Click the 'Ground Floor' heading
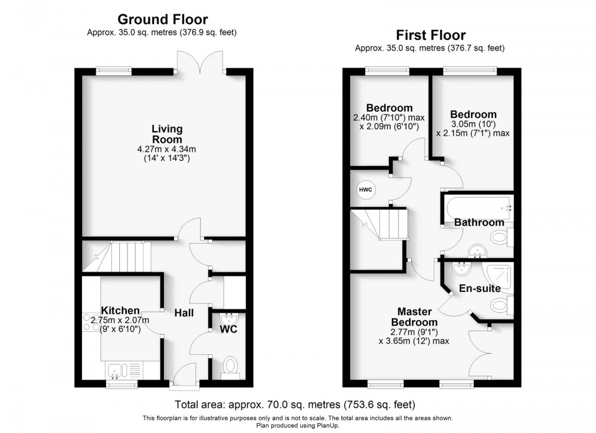(x=162, y=19)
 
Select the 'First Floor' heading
(x=430, y=35)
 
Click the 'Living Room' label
(x=166, y=134)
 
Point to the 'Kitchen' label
(x=120, y=310)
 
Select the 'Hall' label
(x=183, y=313)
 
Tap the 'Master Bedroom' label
(x=414, y=317)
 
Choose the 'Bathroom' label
(x=479, y=222)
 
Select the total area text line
(x=295, y=404)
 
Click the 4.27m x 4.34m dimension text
(x=166, y=149)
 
